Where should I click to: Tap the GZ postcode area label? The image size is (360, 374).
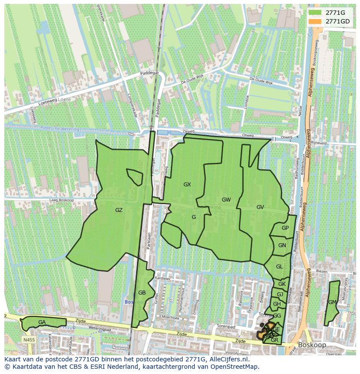[119, 210]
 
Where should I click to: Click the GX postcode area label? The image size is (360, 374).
[187, 185]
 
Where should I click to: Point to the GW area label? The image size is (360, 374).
[226, 200]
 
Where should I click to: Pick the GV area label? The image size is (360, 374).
[260, 207]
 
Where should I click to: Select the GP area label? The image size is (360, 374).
[285, 228]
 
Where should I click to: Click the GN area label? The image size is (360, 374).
[282, 245]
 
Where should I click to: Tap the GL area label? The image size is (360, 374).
[279, 266]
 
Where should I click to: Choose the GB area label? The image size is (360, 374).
[142, 292]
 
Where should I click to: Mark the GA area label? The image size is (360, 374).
[42, 322]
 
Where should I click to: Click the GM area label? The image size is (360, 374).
[332, 302]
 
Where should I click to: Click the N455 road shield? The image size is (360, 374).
[29, 340]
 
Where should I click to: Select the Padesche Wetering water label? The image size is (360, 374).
[59, 129]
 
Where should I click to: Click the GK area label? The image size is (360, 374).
[282, 284]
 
